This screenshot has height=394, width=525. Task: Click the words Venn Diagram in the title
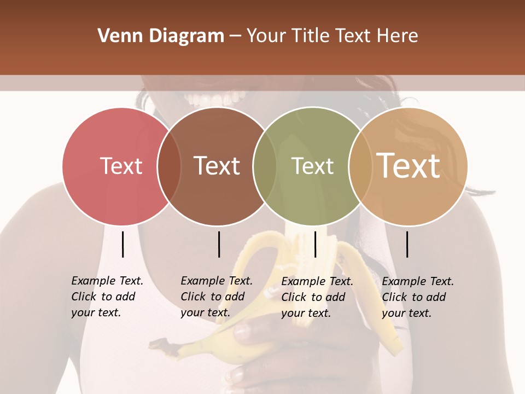pyautogui.click(x=161, y=36)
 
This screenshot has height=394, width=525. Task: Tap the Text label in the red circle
pyautogui.click(x=121, y=166)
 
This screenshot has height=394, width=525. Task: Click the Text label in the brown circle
pyautogui.click(x=217, y=166)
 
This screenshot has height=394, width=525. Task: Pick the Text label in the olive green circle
pyautogui.click(x=312, y=166)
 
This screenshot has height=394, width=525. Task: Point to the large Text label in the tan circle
pyautogui.click(x=408, y=165)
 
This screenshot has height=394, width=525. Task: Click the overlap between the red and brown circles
pyautogui.click(x=169, y=166)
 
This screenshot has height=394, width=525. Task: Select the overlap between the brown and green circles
pyautogui.click(x=265, y=166)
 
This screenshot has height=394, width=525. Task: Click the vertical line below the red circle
pyautogui.click(x=122, y=244)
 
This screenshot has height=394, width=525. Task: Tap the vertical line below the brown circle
pyautogui.click(x=219, y=244)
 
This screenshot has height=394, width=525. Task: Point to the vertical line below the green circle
pyautogui.click(x=315, y=244)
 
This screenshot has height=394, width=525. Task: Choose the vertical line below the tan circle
pyautogui.click(x=407, y=244)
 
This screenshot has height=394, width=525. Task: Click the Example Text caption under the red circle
pyautogui.click(x=107, y=297)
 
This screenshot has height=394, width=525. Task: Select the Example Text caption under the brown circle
pyautogui.click(x=217, y=297)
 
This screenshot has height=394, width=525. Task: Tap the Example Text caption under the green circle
pyautogui.click(x=317, y=297)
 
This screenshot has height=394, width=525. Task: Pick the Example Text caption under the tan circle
pyautogui.click(x=418, y=297)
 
